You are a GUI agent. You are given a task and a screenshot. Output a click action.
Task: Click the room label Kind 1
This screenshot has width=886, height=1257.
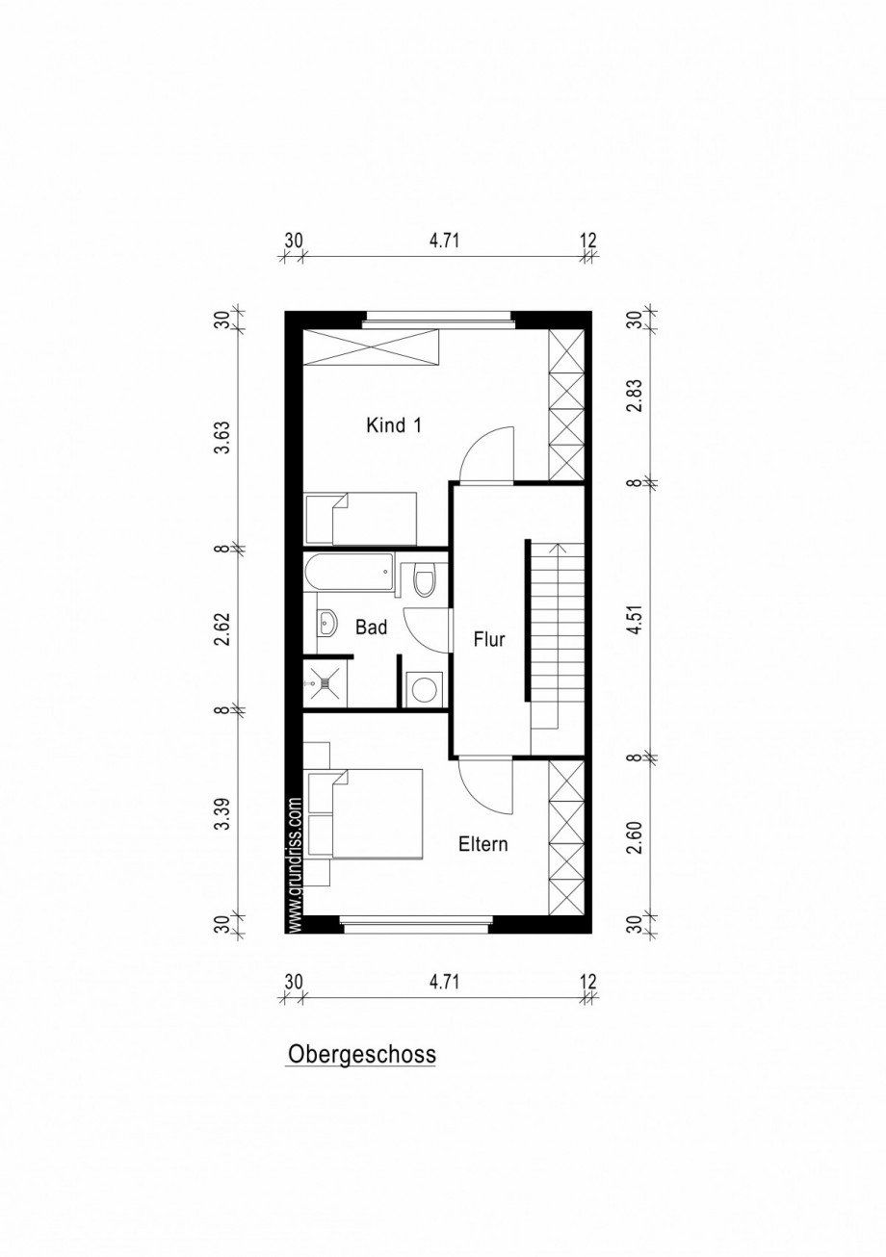click(x=394, y=424)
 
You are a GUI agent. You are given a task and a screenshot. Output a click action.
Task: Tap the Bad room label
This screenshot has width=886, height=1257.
click(x=371, y=628)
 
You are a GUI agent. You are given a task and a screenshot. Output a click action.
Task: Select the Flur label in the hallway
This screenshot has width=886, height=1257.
click(x=488, y=638)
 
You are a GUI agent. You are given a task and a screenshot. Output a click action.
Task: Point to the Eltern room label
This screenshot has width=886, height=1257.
click(x=482, y=845)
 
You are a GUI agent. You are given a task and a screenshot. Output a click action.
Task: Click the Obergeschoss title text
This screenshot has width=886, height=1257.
click(x=361, y=1054)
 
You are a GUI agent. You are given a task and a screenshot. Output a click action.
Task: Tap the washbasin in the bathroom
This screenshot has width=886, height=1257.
click(x=327, y=624)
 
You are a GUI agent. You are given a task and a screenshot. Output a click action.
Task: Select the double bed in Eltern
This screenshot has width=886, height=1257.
click(x=376, y=813)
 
